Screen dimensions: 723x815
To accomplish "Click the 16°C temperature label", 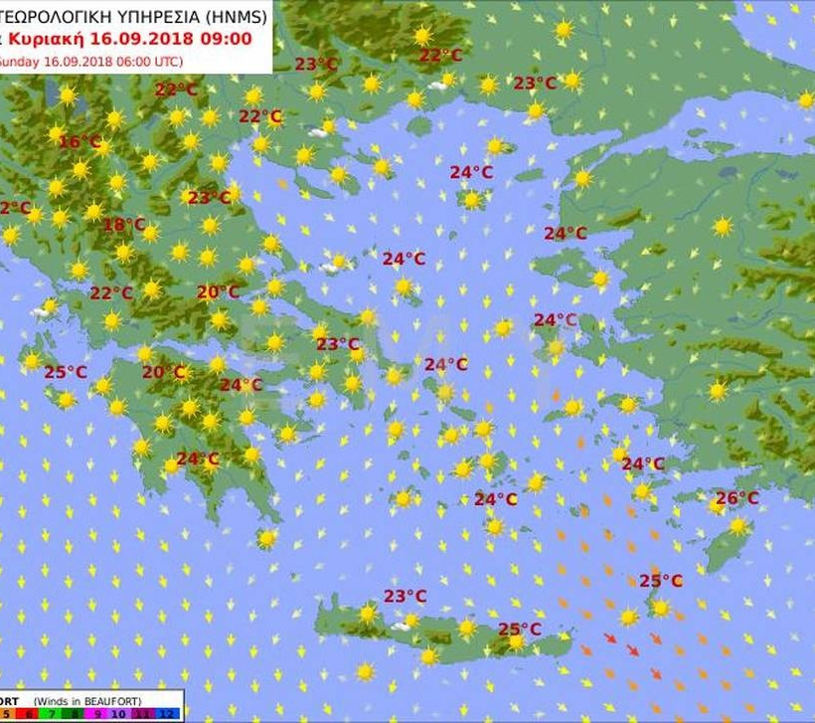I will coord(80,142).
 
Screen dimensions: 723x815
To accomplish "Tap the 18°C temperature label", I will coord(123,225).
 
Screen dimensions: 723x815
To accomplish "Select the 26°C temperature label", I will coord(736,498).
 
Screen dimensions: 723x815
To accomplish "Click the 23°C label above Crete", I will coord(405,596).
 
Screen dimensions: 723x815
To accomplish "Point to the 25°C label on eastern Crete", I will coord(520,629).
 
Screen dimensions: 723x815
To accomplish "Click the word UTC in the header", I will coord(193,60).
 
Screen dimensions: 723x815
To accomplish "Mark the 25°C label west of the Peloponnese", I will coord(65,372).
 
